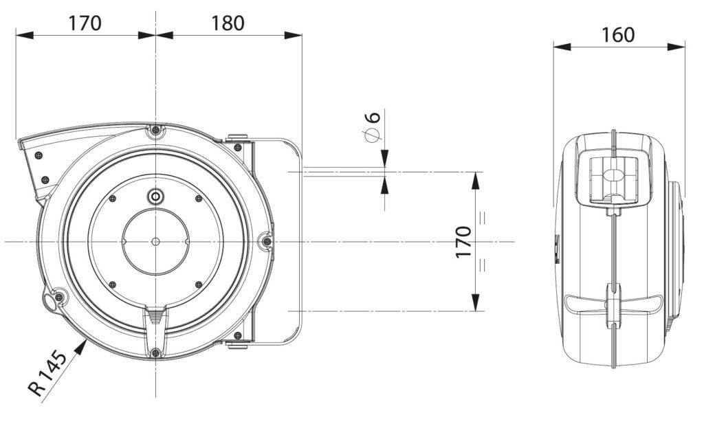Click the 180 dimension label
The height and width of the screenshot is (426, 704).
[228, 23]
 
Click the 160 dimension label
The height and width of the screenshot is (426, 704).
[618, 34]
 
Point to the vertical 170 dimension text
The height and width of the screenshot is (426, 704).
[464, 242]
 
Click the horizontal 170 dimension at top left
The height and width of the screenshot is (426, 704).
[85, 23]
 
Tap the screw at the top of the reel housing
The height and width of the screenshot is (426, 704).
[156, 130]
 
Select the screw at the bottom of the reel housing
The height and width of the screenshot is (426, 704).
[156, 353]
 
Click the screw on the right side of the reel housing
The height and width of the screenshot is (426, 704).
[267, 240]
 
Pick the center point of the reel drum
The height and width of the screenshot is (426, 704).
[156, 241]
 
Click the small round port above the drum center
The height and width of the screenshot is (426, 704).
[156, 197]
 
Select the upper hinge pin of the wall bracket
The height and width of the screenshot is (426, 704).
[237, 144]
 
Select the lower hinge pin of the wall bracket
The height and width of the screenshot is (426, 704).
[237, 337]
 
